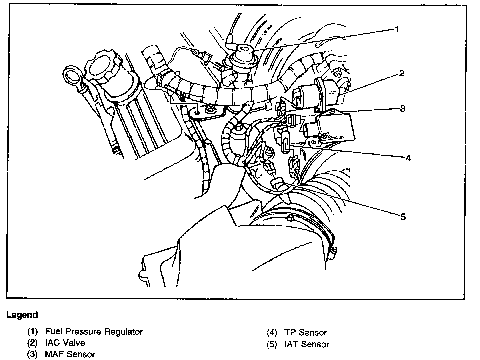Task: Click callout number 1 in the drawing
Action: [x=397, y=29]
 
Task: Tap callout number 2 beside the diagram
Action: [x=401, y=73]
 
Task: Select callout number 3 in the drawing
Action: [x=403, y=109]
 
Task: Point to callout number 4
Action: [x=408, y=158]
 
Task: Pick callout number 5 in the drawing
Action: [x=403, y=217]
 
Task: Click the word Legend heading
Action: [x=22, y=315]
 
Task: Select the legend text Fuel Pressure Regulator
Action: [x=94, y=332]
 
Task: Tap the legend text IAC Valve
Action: [x=65, y=343]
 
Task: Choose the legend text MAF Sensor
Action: [x=70, y=354]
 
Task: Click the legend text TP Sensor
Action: [x=306, y=332]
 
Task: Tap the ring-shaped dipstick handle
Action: [x=73, y=76]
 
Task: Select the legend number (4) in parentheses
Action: [x=272, y=332]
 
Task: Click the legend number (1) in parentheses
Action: [x=33, y=332]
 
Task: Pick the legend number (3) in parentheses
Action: [x=33, y=354]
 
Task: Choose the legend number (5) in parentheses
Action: [x=272, y=344]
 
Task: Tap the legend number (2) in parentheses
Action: [x=33, y=343]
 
